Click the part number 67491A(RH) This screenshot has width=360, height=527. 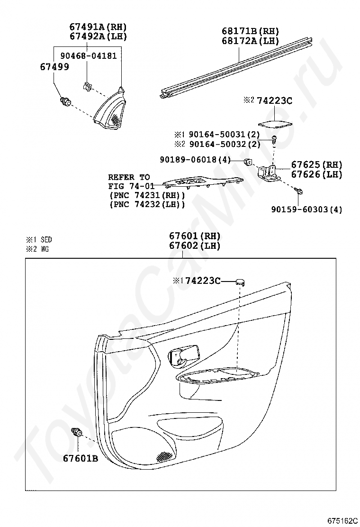tap(99, 27)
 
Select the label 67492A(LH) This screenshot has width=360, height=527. tap(99, 36)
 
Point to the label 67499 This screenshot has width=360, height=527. tap(54, 67)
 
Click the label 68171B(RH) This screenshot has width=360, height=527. tap(251, 31)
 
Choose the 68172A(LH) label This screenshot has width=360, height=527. tap(251, 41)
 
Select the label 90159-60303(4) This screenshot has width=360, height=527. tap(307, 209)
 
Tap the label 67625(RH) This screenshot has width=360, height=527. tap(316, 165)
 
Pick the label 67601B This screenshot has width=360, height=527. tap(80, 458)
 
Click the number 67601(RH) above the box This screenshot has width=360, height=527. tap(195, 236)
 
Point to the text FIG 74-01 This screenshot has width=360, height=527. tap(129, 186)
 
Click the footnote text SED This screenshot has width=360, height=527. tap(46, 240)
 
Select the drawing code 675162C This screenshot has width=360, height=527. tap(341, 520)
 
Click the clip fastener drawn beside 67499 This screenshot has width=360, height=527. tap(66, 101)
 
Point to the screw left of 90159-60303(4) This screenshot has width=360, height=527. tap(298, 191)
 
